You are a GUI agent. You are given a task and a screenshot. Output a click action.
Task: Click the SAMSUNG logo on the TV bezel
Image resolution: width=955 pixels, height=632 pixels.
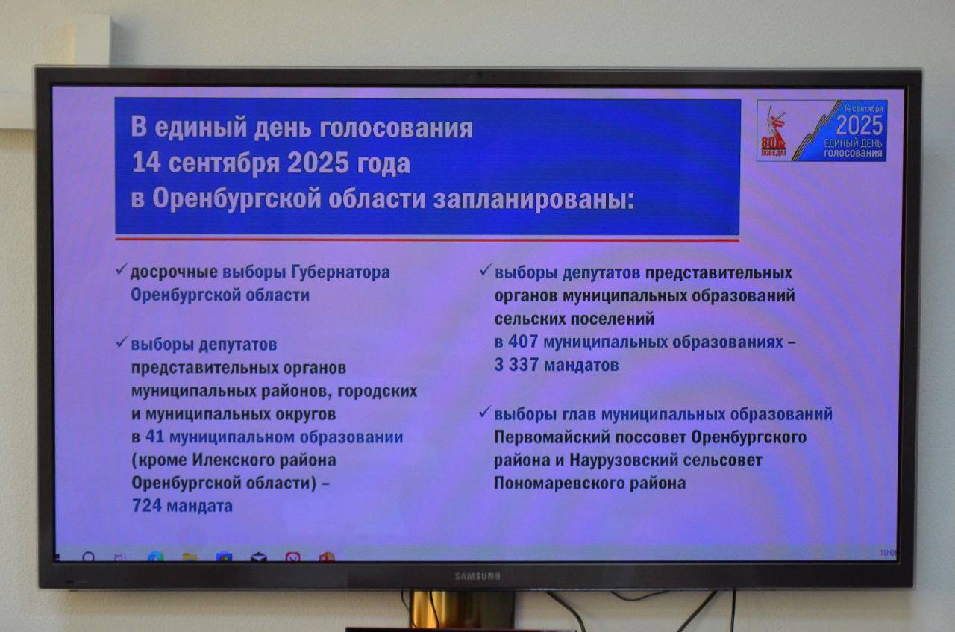click(x=477, y=576)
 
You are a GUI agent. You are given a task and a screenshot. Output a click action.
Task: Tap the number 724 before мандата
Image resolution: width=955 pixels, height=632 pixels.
click(x=147, y=506)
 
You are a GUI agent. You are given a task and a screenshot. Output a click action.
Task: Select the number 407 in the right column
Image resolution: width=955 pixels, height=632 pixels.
click(x=523, y=342)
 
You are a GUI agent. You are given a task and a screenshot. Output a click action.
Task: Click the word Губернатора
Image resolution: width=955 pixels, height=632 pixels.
click(x=340, y=272)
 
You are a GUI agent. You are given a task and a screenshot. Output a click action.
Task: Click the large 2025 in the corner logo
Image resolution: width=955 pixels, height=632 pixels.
click(x=859, y=125)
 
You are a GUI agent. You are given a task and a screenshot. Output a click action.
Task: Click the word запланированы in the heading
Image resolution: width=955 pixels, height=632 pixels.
click(x=533, y=199)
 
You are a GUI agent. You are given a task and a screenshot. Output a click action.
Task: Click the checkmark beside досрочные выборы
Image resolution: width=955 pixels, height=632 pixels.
click(x=122, y=269)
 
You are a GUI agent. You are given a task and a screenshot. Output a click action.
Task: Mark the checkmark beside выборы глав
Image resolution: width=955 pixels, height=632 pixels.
click(x=485, y=412)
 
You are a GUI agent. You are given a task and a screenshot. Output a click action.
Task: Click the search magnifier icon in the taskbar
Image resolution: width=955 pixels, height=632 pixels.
click(x=89, y=557)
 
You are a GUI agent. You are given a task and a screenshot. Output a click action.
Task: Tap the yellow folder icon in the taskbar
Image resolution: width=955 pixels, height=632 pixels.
click(x=190, y=557)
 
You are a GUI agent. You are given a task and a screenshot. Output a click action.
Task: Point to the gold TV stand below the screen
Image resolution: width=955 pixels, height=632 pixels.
click(x=461, y=610)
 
